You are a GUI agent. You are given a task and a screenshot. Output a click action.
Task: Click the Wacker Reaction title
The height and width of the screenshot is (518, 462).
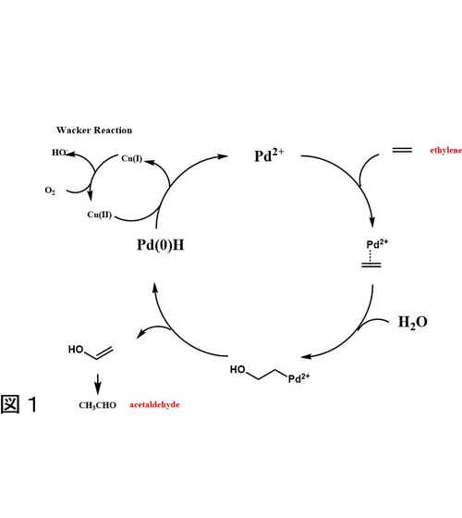94,130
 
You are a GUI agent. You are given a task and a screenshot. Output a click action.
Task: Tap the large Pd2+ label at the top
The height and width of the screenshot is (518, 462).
269,155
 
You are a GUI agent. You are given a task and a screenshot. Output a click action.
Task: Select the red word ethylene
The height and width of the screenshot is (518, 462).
445,151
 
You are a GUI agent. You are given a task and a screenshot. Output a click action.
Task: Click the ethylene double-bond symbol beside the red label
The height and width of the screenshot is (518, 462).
402,150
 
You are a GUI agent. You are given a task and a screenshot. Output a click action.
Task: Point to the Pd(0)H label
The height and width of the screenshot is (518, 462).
161,245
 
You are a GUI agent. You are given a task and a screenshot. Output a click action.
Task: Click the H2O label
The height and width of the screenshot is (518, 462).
413,322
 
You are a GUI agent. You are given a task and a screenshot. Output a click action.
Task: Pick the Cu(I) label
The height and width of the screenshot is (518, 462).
131,158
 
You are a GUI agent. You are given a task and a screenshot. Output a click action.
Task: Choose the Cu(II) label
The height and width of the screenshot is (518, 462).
100,215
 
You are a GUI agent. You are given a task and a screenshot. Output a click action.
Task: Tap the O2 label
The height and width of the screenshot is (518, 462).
50,191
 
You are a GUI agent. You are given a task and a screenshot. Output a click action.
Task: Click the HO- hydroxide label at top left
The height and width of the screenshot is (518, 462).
60,153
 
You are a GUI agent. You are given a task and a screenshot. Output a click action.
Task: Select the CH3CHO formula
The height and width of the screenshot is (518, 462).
97,405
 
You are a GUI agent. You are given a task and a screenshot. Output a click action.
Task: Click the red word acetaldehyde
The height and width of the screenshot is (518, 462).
154,405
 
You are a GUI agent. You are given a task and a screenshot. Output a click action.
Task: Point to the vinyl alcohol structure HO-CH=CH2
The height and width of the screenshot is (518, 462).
91,351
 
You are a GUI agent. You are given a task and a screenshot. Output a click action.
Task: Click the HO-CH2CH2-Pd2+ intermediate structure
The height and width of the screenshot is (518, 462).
270,375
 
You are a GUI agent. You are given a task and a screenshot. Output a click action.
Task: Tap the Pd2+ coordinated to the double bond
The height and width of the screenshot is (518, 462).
377,244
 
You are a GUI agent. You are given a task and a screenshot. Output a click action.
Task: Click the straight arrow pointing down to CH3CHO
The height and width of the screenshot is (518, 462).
98,384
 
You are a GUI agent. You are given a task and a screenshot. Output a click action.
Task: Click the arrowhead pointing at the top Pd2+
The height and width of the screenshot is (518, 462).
223,156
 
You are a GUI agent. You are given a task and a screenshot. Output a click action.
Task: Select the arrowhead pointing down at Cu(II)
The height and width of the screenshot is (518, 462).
90,195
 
